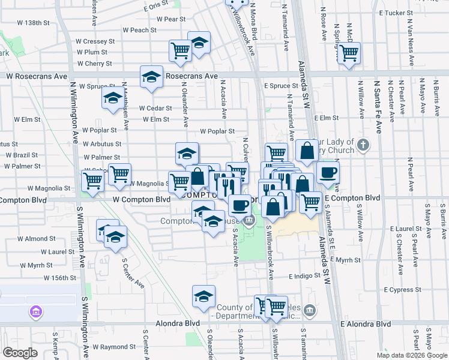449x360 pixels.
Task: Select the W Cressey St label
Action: (95, 41)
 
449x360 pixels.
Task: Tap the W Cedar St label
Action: (155, 109)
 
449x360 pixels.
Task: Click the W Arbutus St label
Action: (102, 144)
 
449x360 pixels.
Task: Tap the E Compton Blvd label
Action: (352, 197)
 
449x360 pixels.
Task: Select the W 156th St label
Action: (60, 278)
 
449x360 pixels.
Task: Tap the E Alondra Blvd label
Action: (361, 324)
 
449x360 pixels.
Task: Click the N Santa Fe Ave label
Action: (378, 102)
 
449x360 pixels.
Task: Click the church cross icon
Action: (362, 145)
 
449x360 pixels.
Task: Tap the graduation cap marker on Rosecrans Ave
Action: (151, 77)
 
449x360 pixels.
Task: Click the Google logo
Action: (20, 353)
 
